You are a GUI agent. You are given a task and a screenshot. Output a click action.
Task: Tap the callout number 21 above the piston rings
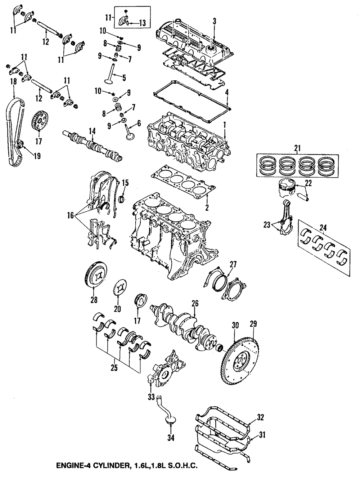pyautogui.click(x=297, y=148)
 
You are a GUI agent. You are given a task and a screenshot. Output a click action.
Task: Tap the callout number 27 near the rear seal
pyautogui.click(x=233, y=264)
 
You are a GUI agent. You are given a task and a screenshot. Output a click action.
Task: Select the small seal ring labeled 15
pyautogui.click(x=122, y=198)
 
